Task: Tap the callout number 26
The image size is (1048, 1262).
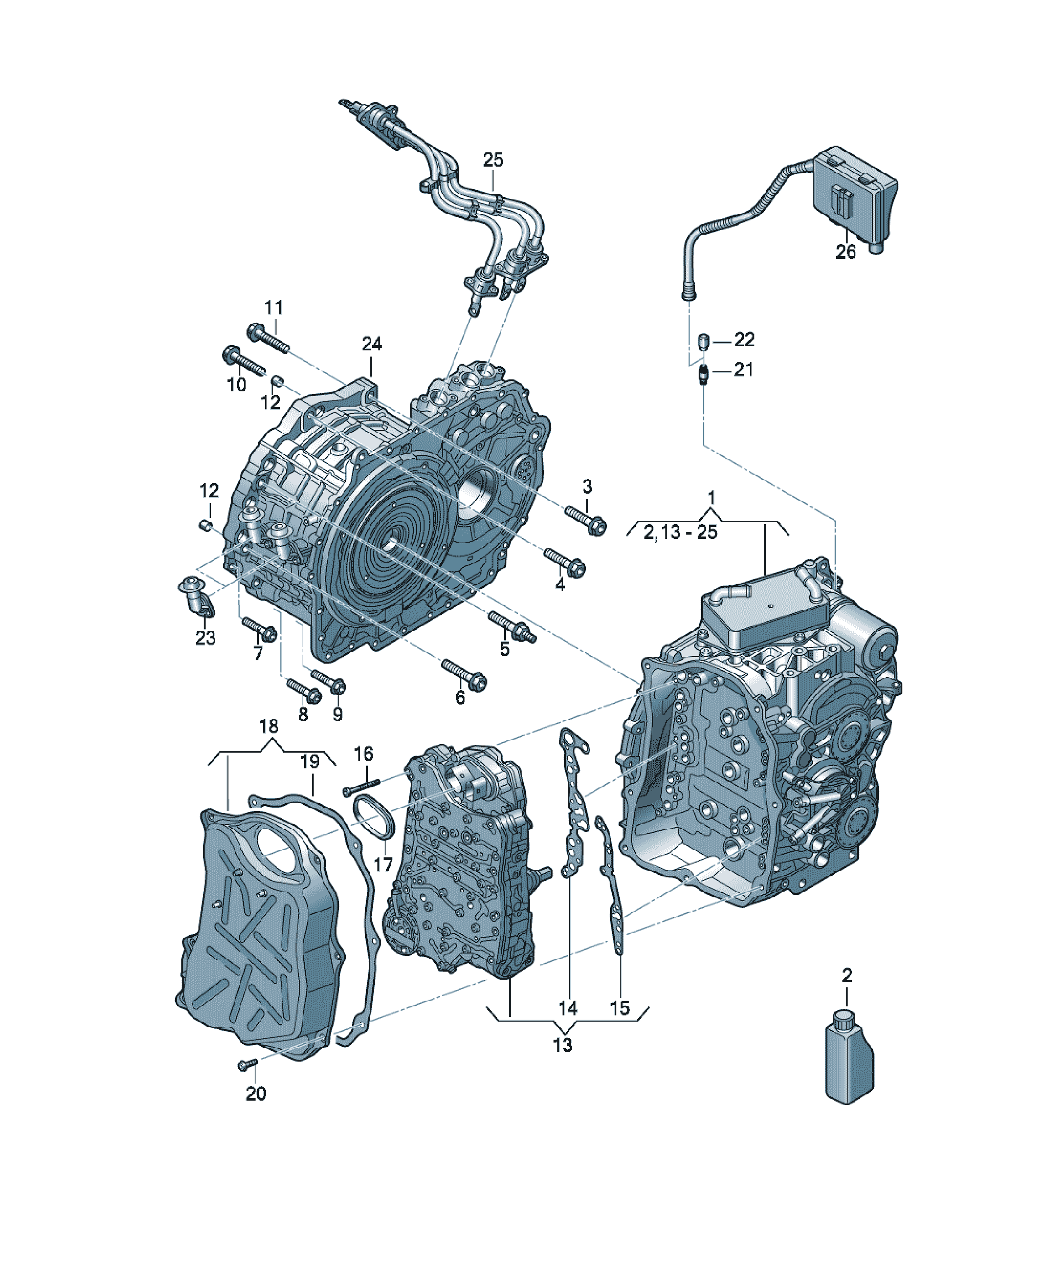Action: click(x=845, y=251)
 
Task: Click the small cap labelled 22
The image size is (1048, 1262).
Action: click(x=704, y=341)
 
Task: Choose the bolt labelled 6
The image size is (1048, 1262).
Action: click(x=464, y=675)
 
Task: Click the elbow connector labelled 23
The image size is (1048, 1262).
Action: click(x=197, y=597)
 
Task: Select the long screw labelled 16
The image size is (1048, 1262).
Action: click(x=362, y=786)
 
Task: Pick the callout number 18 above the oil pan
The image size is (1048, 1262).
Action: click(x=268, y=726)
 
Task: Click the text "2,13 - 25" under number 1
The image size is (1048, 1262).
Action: click(x=680, y=532)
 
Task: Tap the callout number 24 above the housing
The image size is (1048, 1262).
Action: click(x=371, y=344)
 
